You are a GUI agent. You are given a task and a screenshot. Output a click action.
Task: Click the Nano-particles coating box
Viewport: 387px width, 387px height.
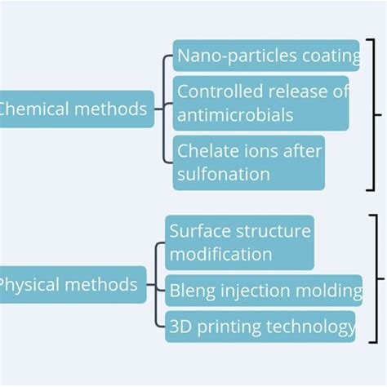pyautogui.click(x=266, y=56)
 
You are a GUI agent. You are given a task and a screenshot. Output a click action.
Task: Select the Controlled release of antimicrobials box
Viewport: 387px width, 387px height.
pyautogui.click(x=260, y=103)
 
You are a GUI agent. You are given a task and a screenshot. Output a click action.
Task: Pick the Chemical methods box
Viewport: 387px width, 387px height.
pyautogui.click(x=75, y=109)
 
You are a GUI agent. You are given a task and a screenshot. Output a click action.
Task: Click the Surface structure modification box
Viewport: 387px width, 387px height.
pyautogui.click(x=239, y=242)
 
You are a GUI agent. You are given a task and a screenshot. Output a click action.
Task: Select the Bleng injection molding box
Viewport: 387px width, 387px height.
pyautogui.click(x=265, y=290)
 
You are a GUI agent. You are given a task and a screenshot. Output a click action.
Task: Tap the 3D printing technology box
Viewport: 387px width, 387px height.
pyautogui.click(x=260, y=327)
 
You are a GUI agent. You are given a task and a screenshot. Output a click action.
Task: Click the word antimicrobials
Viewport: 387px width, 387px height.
pyautogui.click(x=235, y=115)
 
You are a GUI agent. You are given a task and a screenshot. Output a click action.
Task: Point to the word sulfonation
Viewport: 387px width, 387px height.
pyautogui.click(x=223, y=174)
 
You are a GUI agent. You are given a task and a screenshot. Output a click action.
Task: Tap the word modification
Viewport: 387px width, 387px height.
pyautogui.click(x=221, y=254)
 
